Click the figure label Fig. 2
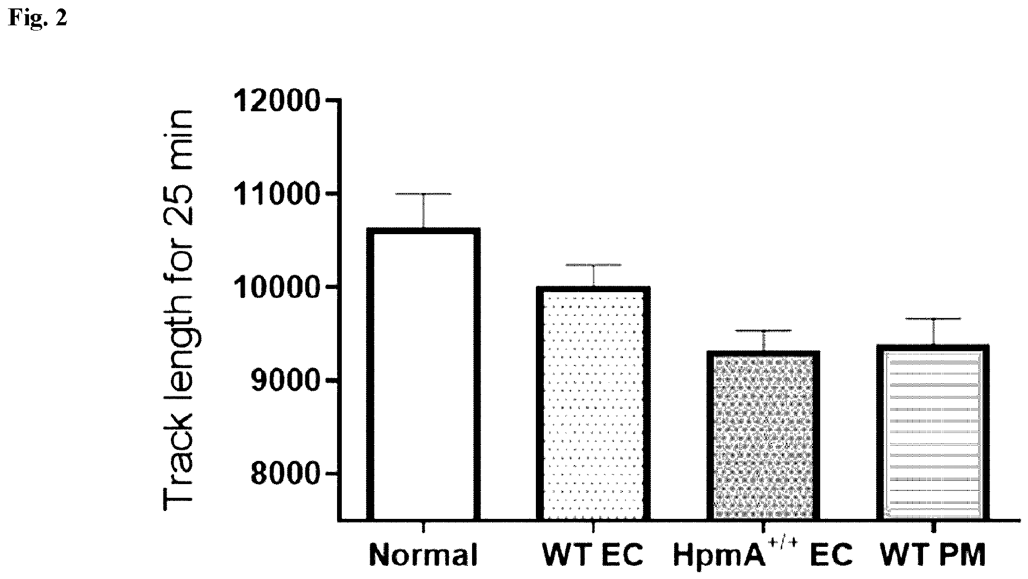[38, 18]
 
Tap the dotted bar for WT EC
[593, 404]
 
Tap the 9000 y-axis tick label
[285, 380]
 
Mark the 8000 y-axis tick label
[285, 474]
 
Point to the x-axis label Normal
[424, 555]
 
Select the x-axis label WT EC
[593, 555]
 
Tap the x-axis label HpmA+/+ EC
[763, 554]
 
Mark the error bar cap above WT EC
[593, 265]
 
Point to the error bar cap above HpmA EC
[763, 331]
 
